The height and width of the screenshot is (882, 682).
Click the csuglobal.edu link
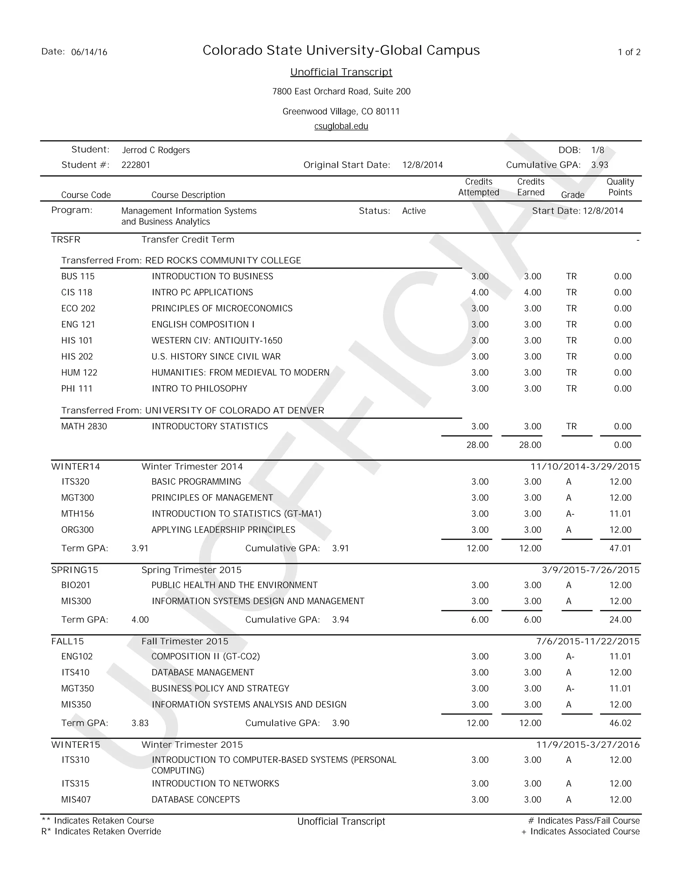point(341,126)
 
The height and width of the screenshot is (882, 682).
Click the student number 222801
point(136,165)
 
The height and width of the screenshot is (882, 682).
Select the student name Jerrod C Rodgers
point(156,150)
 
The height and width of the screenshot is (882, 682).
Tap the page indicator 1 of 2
point(629,52)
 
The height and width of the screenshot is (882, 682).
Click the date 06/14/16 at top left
point(89,52)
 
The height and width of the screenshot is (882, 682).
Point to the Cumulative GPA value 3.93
point(599,165)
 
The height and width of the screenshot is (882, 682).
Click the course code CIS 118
point(77,292)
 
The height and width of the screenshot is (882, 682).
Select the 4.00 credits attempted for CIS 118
point(480,292)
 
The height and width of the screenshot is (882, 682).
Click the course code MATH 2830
point(84,426)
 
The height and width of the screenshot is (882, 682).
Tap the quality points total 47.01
point(620,549)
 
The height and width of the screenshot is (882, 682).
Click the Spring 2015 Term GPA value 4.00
point(140,619)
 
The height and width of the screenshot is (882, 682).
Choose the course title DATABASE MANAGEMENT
point(202,672)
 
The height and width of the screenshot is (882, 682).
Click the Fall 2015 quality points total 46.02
point(620,723)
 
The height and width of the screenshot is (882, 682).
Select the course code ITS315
point(75,783)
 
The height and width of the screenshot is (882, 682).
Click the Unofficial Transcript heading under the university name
point(341,72)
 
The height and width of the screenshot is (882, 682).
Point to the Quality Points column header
point(620,187)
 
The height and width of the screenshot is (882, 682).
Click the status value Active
point(414,211)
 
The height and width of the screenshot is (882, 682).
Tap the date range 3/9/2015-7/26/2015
point(591,570)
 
